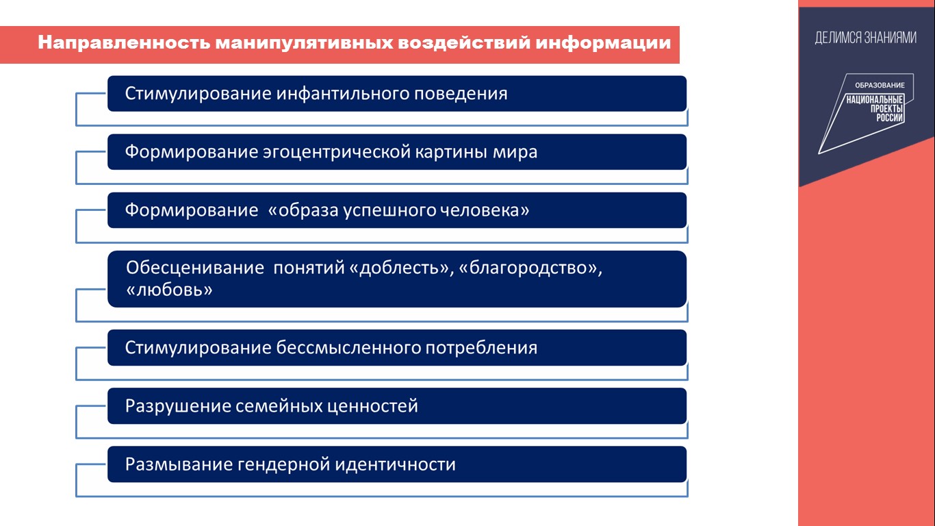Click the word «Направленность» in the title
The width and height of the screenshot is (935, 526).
[x=124, y=43]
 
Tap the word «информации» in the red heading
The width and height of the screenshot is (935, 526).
[x=603, y=43]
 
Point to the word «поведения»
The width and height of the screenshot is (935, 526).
[x=461, y=94]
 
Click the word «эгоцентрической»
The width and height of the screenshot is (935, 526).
[x=337, y=152]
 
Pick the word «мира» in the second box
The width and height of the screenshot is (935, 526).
[x=515, y=152]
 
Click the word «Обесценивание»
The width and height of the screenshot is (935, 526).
[x=195, y=267]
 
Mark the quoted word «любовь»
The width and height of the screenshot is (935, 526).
[x=170, y=289]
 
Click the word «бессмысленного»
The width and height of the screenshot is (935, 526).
[x=348, y=348]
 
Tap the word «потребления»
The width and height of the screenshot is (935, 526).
[x=481, y=348]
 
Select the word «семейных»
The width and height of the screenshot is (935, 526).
[x=279, y=406]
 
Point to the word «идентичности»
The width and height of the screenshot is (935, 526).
[x=396, y=464]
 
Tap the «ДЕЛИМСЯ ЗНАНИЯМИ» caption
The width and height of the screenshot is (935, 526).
[x=866, y=38]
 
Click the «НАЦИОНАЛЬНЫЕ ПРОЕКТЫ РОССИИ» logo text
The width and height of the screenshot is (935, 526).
[x=875, y=108]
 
